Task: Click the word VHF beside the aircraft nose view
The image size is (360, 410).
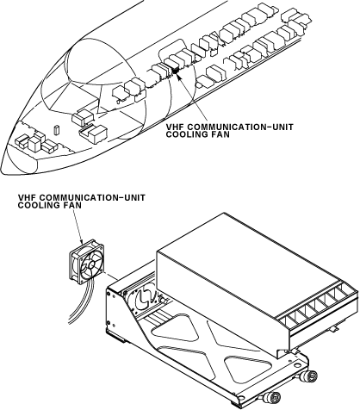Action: point(172,127)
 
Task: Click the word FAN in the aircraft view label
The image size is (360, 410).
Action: point(220,134)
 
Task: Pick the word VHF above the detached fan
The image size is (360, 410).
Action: point(24,198)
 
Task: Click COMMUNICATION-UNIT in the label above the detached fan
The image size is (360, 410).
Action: point(90,198)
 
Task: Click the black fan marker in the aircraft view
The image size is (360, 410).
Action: point(175,69)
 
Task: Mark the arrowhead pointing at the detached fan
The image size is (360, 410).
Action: point(81,242)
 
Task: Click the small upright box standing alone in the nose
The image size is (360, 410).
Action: point(56,129)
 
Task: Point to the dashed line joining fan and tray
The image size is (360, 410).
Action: point(111,275)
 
